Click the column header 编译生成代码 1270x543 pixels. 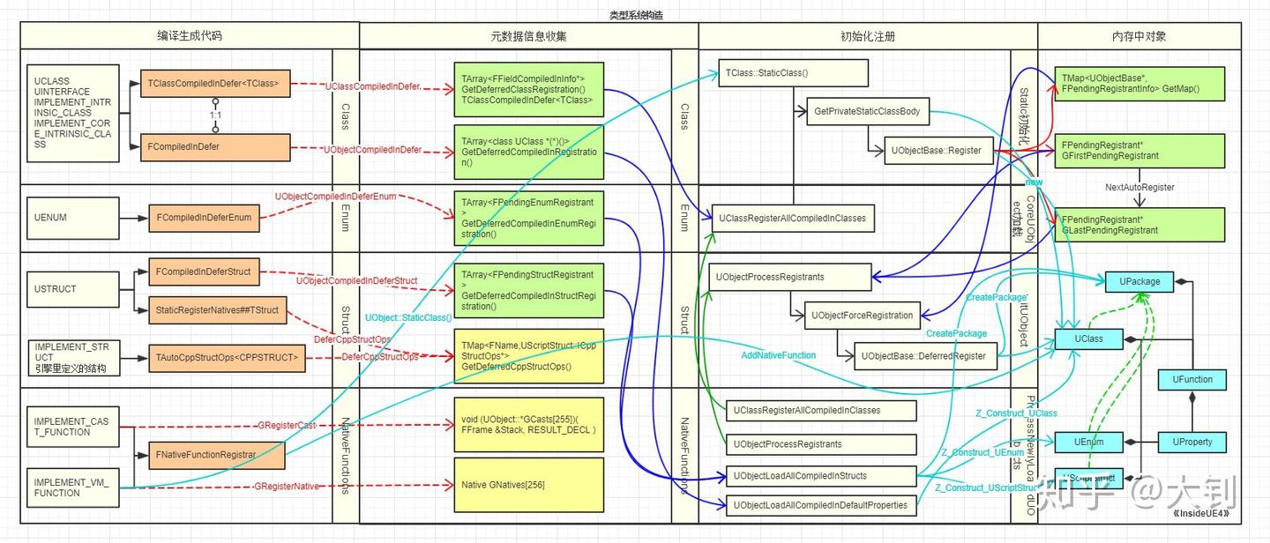click(190, 36)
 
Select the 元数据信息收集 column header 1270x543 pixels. click(528, 36)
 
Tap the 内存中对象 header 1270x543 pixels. click(1139, 36)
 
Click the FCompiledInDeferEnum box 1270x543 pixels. click(204, 217)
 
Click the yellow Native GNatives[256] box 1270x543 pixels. click(528, 485)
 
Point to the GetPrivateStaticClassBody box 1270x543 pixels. click(868, 112)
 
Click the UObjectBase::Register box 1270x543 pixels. click(939, 150)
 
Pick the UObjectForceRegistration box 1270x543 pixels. click(862, 315)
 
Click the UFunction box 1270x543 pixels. click(1192, 379)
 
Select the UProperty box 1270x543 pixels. click(1192, 442)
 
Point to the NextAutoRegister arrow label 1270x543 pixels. click(1139, 188)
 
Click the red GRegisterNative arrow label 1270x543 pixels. click(288, 486)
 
